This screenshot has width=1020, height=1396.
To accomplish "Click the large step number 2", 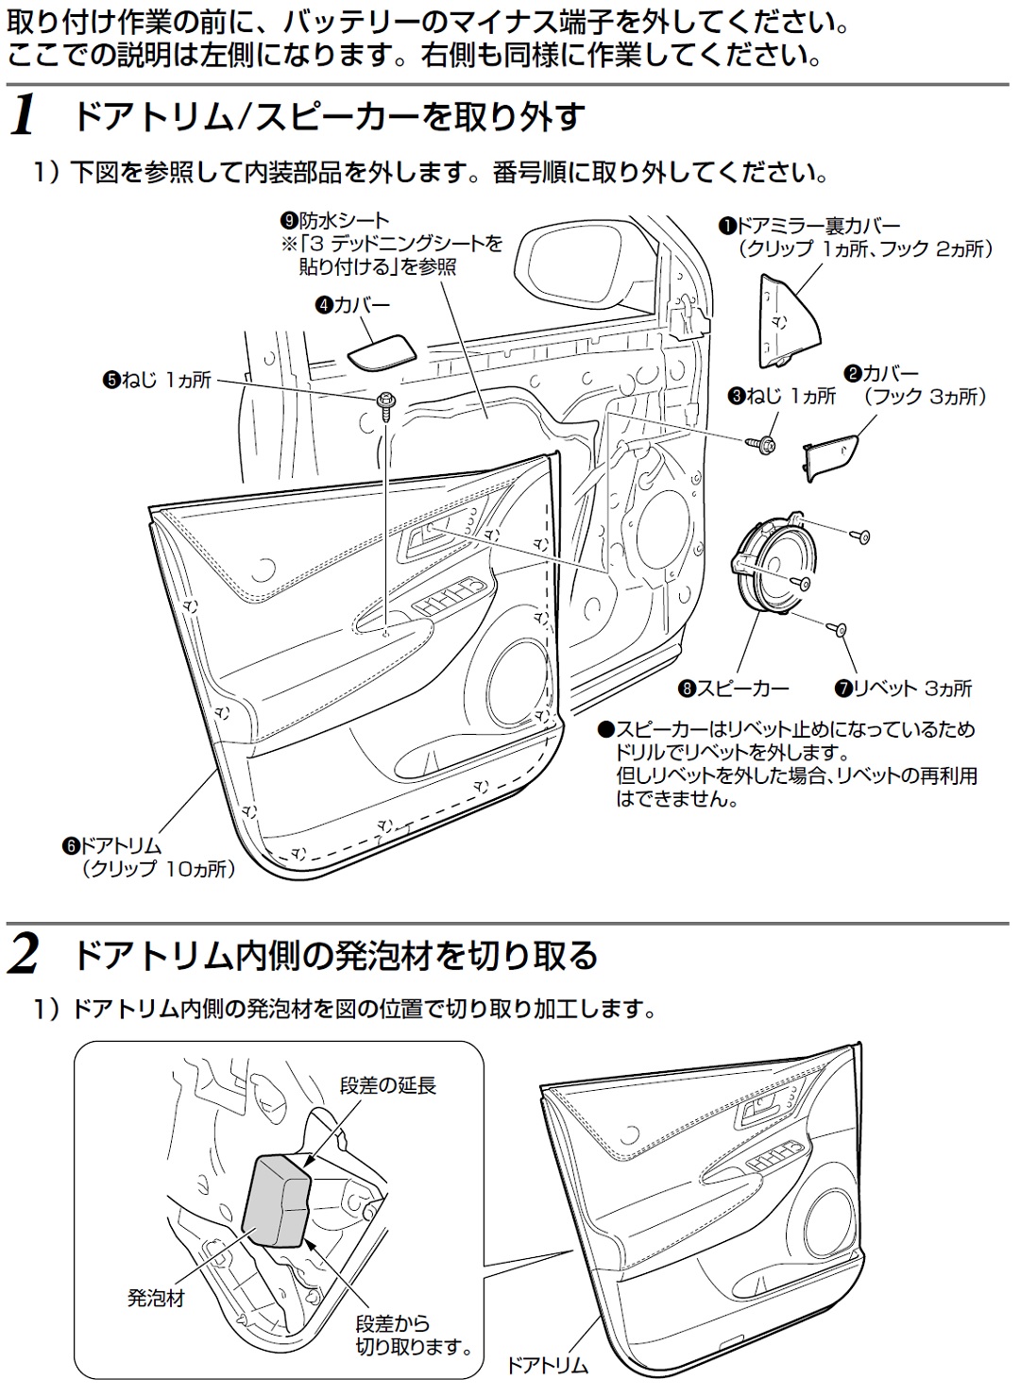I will point(25,955).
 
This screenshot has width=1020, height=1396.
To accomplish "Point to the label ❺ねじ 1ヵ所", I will point(157,382).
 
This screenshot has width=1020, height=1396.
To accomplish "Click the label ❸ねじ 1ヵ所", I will point(781,396).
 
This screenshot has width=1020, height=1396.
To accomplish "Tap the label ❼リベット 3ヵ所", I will point(902,689).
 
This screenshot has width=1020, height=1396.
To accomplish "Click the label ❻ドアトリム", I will point(111,846).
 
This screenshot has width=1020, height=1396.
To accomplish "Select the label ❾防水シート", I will point(334,222).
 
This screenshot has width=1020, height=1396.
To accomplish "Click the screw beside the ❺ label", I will point(386,403).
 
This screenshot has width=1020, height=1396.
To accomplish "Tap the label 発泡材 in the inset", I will point(156,1298).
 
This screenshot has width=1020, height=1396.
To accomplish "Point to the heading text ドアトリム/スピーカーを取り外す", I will point(329,117).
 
